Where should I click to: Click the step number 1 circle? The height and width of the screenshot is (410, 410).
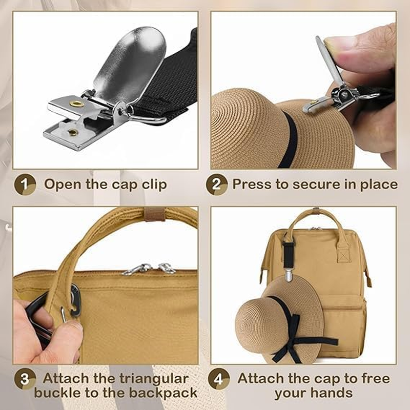coord(24,184)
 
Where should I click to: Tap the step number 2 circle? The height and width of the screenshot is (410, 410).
coord(217,184)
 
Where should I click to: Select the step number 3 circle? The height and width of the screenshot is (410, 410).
coord(24,380)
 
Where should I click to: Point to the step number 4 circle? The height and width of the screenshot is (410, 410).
coord(218,380)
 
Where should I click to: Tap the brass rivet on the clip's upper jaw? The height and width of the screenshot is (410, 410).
coord(77,104)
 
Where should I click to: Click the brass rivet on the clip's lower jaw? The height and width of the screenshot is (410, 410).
coord(74,132)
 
